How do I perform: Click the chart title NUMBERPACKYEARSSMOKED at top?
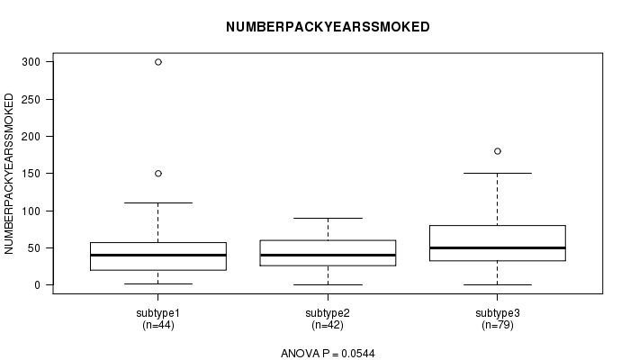pyautogui.click(x=328, y=27)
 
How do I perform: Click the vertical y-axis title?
pyautogui.click(x=9, y=174)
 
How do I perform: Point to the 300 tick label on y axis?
pyautogui.click(x=31, y=62)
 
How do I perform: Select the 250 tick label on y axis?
pyautogui.click(x=31, y=99)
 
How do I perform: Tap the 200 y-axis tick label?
pyautogui.click(x=31, y=137)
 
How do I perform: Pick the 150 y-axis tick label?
pyautogui.click(x=31, y=174)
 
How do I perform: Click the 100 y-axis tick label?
pyautogui.click(x=31, y=211)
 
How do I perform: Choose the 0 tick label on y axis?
pyautogui.click(x=38, y=285)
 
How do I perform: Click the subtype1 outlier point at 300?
pyautogui.click(x=158, y=62)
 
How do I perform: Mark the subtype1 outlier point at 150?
pyautogui.click(x=158, y=174)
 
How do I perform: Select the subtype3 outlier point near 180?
pyautogui.click(x=498, y=151)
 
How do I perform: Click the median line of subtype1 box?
pyautogui.click(x=158, y=255)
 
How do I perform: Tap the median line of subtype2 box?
pyautogui.click(x=328, y=255)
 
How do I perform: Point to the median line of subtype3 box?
pyautogui.click(x=498, y=247)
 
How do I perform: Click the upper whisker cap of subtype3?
pyautogui.click(x=498, y=173)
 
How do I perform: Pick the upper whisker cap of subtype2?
pyautogui.click(x=328, y=218)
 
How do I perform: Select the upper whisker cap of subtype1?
pyautogui.click(x=158, y=202)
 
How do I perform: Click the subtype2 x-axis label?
pyautogui.click(x=328, y=313)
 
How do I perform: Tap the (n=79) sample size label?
pyautogui.click(x=498, y=325)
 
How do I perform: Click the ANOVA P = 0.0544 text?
pyautogui.click(x=328, y=354)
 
